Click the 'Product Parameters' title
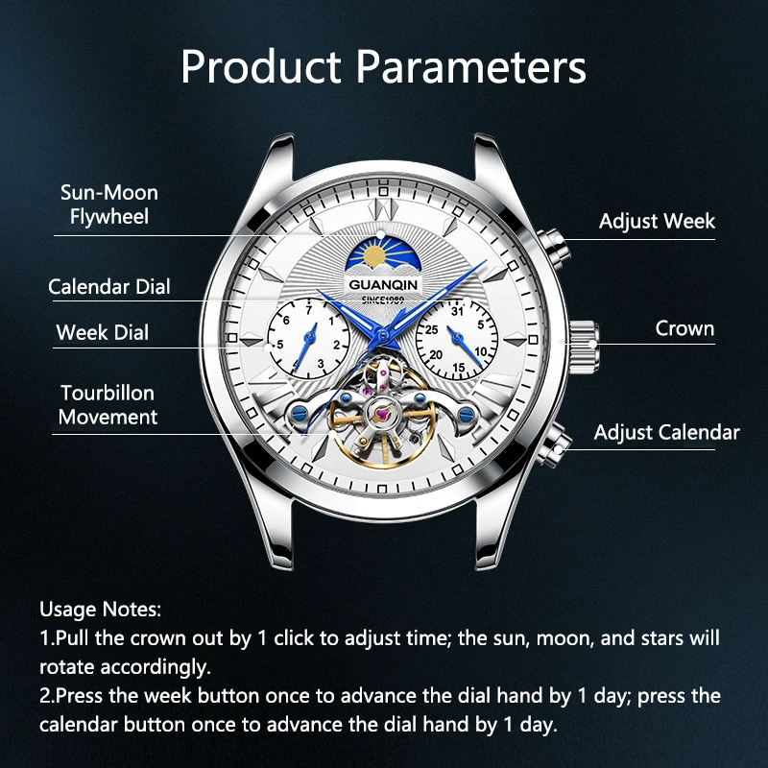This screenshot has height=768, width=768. tap(383, 67)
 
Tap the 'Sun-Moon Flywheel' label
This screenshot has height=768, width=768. tap(108, 204)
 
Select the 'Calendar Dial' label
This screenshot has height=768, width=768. tap(109, 286)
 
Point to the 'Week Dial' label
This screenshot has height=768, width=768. tap(103, 333)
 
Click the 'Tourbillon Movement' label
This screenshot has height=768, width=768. tap(108, 404)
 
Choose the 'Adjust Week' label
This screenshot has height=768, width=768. tap(657, 221)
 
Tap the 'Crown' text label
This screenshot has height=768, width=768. tap(684, 328)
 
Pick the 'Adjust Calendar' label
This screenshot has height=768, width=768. tap(666, 432)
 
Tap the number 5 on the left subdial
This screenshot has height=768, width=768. tap(279, 343)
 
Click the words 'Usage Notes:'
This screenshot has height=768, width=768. tap(101, 610)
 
